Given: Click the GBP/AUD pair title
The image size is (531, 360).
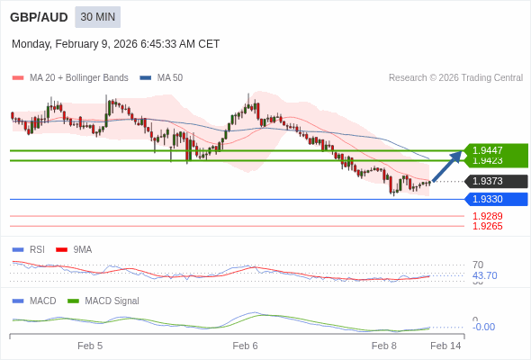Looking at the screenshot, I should click(x=39, y=17).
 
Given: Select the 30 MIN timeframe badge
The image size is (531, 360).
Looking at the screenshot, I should click(x=97, y=17).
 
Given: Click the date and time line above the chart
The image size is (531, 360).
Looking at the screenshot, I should click(x=115, y=44).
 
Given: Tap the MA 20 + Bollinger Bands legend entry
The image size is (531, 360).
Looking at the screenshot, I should click(x=78, y=78).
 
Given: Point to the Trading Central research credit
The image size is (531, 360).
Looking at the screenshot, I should click(x=455, y=78).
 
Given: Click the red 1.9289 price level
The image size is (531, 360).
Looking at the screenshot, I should click(x=487, y=216).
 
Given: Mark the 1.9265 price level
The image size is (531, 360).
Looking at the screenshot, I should click(x=487, y=226).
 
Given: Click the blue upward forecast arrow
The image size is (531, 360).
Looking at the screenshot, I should click(x=447, y=166).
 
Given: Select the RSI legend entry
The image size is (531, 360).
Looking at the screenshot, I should click(x=37, y=249).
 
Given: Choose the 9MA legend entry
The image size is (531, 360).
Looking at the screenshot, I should click(x=82, y=249).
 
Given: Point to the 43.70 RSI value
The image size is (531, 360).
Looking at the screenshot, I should click(x=484, y=275).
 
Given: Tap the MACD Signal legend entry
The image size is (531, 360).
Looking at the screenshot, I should click(x=112, y=301).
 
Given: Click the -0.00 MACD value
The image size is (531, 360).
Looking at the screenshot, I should click(x=483, y=327).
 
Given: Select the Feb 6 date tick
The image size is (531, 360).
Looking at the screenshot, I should click(x=245, y=346).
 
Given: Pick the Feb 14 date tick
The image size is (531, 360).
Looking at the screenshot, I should click(x=445, y=346).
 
